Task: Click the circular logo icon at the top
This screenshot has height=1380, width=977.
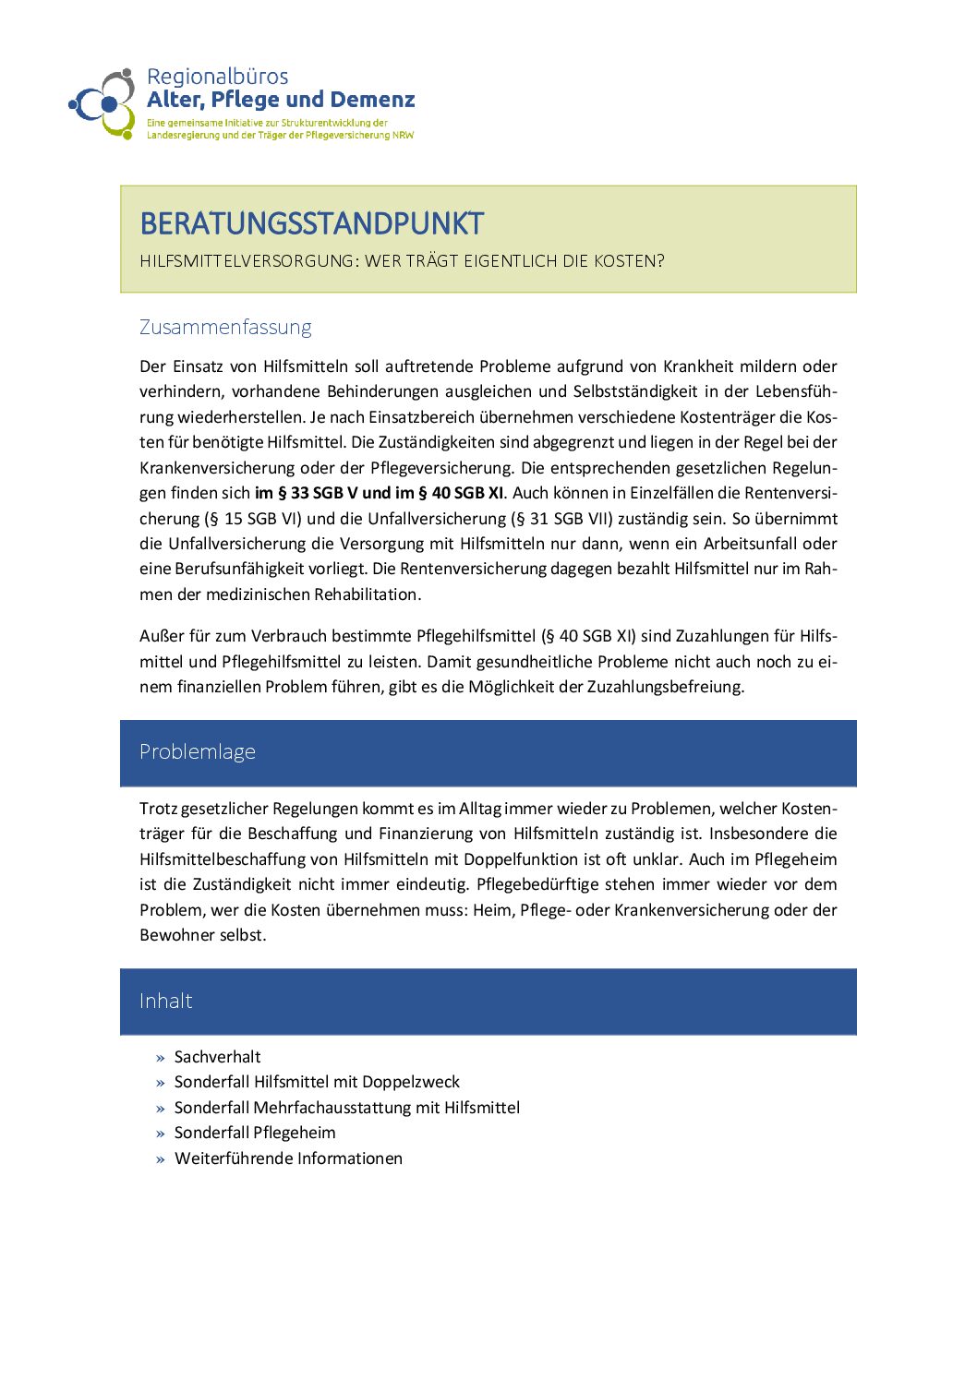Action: pyautogui.click(x=104, y=102)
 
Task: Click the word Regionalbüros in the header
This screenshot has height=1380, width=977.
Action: pyautogui.click(x=217, y=77)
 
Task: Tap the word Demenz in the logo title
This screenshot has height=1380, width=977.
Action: pyautogui.click(x=372, y=100)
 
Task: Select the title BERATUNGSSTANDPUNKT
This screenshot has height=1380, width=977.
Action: pyautogui.click(x=311, y=223)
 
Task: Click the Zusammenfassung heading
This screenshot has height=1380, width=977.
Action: pyautogui.click(x=225, y=327)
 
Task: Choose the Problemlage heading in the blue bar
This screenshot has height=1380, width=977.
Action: pyautogui.click(x=198, y=751)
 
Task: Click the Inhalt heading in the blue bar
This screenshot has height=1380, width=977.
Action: pyautogui.click(x=166, y=1001)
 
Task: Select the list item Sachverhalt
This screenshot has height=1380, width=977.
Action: pyautogui.click(x=217, y=1057)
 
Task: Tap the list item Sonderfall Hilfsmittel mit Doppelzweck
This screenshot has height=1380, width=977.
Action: pyautogui.click(x=317, y=1082)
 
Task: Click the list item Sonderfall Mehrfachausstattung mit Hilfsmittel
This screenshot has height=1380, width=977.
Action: pyautogui.click(x=346, y=1108)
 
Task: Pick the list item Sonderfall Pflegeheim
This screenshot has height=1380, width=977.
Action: pyautogui.click(x=255, y=1133)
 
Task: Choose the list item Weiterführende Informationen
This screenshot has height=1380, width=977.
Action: pyautogui.click(x=288, y=1158)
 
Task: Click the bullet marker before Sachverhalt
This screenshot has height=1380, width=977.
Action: pyautogui.click(x=161, y=1058)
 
